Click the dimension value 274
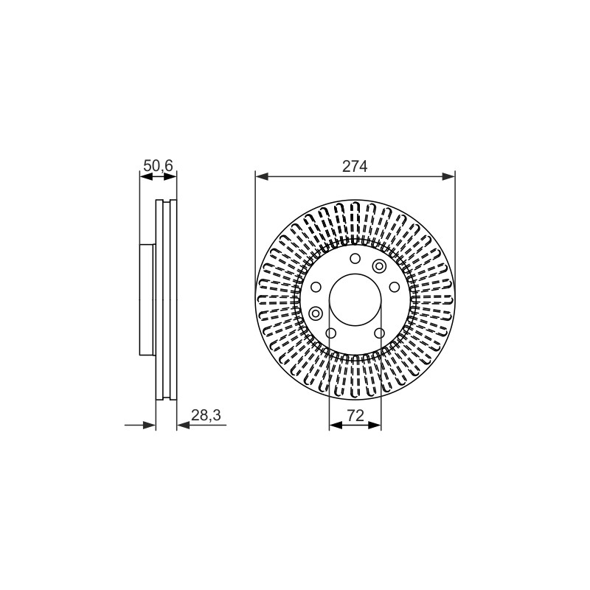355,167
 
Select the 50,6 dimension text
158,165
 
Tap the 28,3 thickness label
206,415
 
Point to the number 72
355,415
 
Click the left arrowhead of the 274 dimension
262,176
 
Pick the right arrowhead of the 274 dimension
448,176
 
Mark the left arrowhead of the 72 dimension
336,426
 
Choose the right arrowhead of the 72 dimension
375,426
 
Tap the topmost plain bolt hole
355,259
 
